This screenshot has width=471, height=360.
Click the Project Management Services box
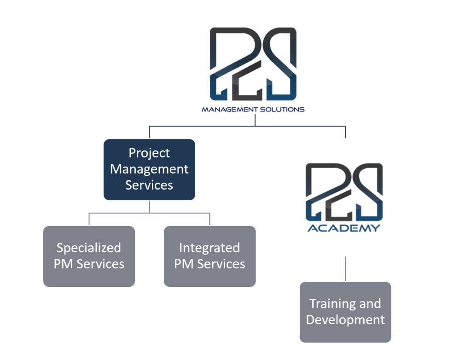point(149,169)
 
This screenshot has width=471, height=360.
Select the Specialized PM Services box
point(89,256)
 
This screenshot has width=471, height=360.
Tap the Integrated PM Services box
point(209,256)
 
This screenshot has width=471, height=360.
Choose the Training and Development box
point(345,312)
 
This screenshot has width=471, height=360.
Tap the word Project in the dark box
point(149,153)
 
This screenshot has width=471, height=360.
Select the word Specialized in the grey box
point(89,248)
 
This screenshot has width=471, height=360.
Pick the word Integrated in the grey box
point(209,248)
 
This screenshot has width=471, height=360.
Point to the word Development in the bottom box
point(345,319)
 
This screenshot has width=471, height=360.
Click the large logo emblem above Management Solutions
point(253,64)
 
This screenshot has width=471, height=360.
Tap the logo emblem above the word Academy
point(344,192)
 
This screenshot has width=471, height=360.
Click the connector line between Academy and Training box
point(345,269)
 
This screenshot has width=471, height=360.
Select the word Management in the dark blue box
point(149,169)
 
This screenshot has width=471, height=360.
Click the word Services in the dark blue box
point(149,185)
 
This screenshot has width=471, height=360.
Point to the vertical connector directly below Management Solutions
point(255,119)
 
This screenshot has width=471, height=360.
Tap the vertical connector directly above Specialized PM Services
point(89,219)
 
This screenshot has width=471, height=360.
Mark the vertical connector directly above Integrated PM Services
point(209,219)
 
